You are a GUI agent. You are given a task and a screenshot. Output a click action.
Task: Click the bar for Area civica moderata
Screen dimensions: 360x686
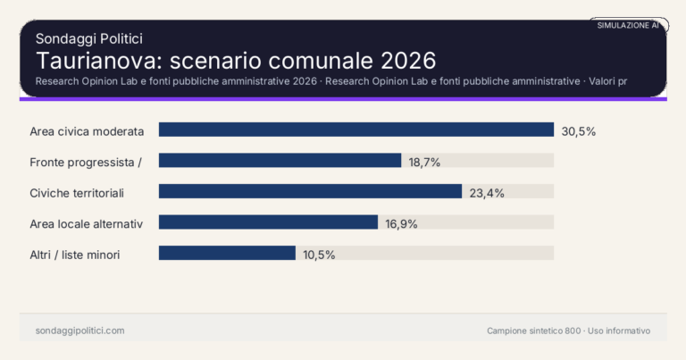[x=356, y=130]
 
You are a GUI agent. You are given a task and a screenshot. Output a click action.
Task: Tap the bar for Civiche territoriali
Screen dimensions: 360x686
[x=310, y=191]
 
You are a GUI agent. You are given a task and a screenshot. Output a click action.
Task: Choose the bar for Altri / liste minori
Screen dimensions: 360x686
[x=227, y=253]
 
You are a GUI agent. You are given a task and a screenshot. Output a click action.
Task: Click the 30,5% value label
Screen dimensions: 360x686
[x=578, y=131]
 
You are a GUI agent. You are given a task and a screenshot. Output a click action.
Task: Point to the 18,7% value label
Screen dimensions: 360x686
[x=424, y=162]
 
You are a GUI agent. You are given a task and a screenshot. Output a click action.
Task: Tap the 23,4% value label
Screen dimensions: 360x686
[x=486, y=193]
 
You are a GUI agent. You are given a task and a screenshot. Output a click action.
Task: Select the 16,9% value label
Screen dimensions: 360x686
[x=402, y=223]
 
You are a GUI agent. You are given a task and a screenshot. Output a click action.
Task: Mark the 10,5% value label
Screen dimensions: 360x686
[x=319, y=255]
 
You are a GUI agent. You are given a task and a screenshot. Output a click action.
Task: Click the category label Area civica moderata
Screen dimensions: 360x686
[x=87, y=131]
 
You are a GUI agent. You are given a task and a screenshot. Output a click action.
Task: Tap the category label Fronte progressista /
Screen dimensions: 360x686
[x=86, y=162]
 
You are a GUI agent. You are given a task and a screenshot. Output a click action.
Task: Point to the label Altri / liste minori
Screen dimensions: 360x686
[x=75, y=255]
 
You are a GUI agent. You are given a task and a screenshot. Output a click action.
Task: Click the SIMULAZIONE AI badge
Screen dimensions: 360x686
[x=628, y=26]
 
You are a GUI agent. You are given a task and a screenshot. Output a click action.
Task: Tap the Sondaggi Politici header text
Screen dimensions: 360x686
[x=89, y=38]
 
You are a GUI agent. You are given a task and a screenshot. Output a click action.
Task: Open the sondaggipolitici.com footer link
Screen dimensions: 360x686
[x=79, y=331]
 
